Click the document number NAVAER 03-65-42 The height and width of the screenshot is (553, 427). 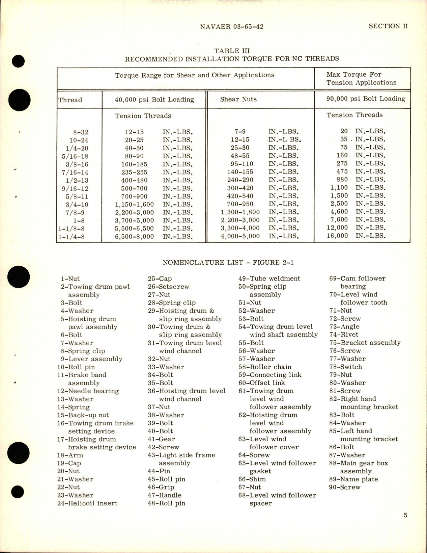231,27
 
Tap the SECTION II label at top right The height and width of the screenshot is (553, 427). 388,26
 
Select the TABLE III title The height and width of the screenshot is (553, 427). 232,51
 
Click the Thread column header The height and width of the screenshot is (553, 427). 70,100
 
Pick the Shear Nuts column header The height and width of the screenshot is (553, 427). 238,99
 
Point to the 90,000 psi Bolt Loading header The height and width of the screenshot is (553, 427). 366,99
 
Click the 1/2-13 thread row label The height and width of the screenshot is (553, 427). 77,181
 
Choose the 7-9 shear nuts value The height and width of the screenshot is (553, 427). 240,132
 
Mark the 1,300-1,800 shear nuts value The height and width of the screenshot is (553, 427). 240,212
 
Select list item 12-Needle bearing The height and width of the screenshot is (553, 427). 88,391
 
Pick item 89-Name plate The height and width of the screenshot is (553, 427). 353,479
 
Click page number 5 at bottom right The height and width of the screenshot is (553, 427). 405,515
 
